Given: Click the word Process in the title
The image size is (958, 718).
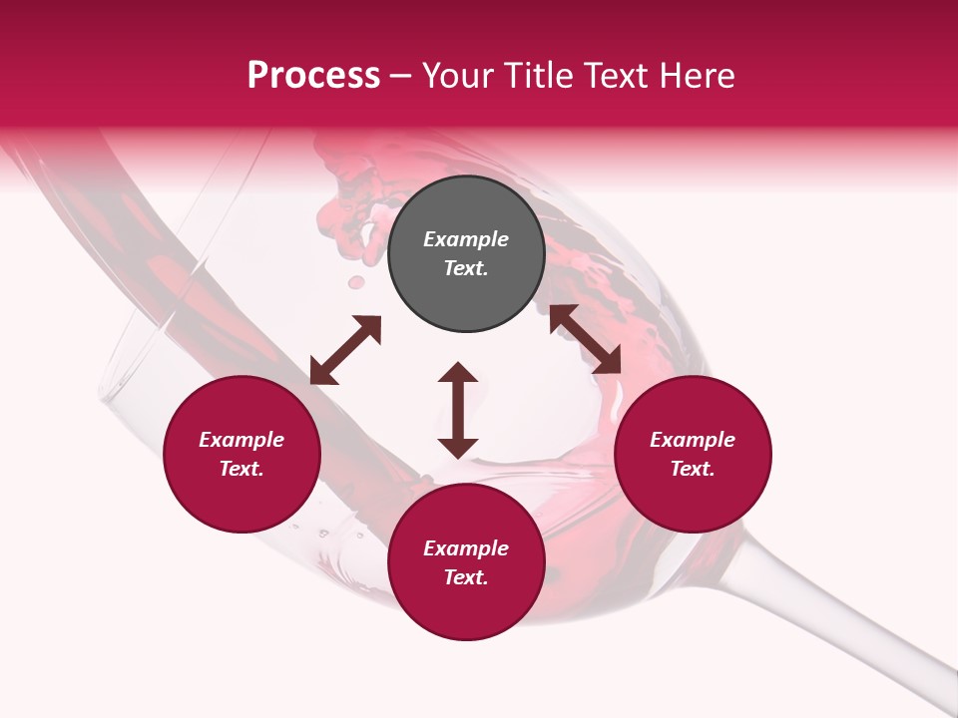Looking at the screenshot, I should coord(313,76).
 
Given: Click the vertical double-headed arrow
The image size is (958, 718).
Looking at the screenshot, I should coord(458,410).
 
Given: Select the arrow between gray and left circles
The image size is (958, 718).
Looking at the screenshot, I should coord(345,350).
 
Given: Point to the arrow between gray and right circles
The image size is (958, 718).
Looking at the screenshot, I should coord(586,339).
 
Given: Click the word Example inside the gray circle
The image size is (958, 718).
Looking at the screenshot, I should coord(466,239).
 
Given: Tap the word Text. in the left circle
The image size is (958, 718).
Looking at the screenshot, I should coord(241,469).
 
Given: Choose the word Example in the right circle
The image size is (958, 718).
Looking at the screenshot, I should coord(693,440).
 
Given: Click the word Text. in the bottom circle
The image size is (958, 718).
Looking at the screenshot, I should coord(466,577).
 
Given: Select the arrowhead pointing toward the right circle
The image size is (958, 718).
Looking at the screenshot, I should coord(609,362).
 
